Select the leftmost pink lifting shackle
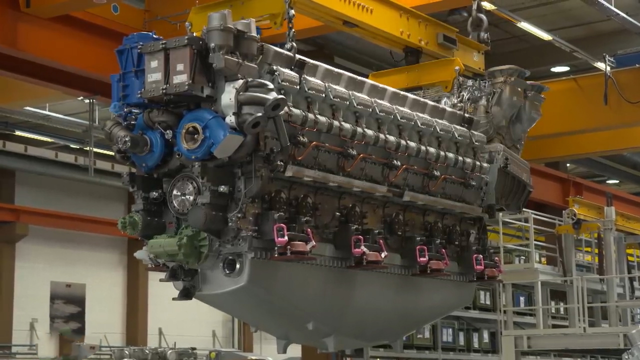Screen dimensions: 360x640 pos(280,234)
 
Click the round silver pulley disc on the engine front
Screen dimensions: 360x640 pos(184,194)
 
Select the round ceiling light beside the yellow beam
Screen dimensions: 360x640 pos(559,69)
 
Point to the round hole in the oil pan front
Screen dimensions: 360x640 pos(230,265)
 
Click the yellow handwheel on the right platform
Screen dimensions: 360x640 pos(570,215)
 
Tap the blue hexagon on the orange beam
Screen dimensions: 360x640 pos(115,9)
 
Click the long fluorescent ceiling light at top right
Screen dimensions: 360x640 pos(534,30)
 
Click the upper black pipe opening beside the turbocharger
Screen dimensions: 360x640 pos(275,106)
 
